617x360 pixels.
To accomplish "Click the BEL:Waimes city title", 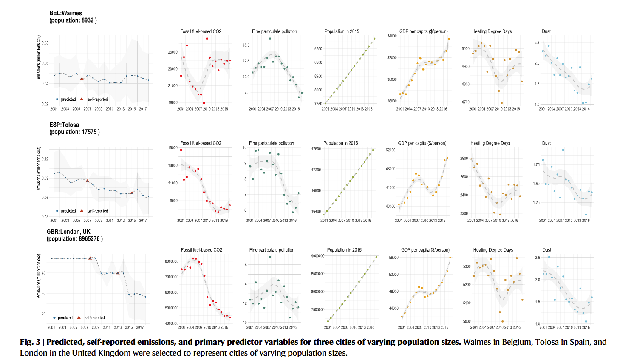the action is (65, 13).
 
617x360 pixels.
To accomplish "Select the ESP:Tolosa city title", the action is (64, 125).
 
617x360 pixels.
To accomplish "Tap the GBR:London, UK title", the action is (68, 232).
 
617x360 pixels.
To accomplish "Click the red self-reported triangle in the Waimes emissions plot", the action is (82, 79).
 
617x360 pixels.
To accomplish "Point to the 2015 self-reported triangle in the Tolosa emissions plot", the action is (132, 193).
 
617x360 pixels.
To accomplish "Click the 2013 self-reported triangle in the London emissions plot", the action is (118, 273).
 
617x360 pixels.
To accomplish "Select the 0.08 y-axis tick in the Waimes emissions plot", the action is (45, 43).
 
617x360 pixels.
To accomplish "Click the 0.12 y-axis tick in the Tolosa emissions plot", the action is (45, 159).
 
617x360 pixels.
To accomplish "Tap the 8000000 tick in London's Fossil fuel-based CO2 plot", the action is (172, 261).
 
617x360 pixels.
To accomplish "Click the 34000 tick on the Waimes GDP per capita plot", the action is (392, 36).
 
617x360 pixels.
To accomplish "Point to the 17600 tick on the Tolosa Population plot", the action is (316, 149).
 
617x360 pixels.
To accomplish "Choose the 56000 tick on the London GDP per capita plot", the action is (393, 258).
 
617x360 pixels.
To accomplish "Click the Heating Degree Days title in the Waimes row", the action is (492, 31).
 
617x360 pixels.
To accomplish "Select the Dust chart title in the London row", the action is (547, 250).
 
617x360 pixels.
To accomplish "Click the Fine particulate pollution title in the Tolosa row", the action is (271, 143).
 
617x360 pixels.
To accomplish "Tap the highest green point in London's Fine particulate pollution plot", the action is (270, 257).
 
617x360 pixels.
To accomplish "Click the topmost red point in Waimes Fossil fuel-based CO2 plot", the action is (207, 39).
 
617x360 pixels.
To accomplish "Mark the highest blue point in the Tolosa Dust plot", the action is (563, 150).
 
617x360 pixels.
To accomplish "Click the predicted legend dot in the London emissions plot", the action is (54, 318).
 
